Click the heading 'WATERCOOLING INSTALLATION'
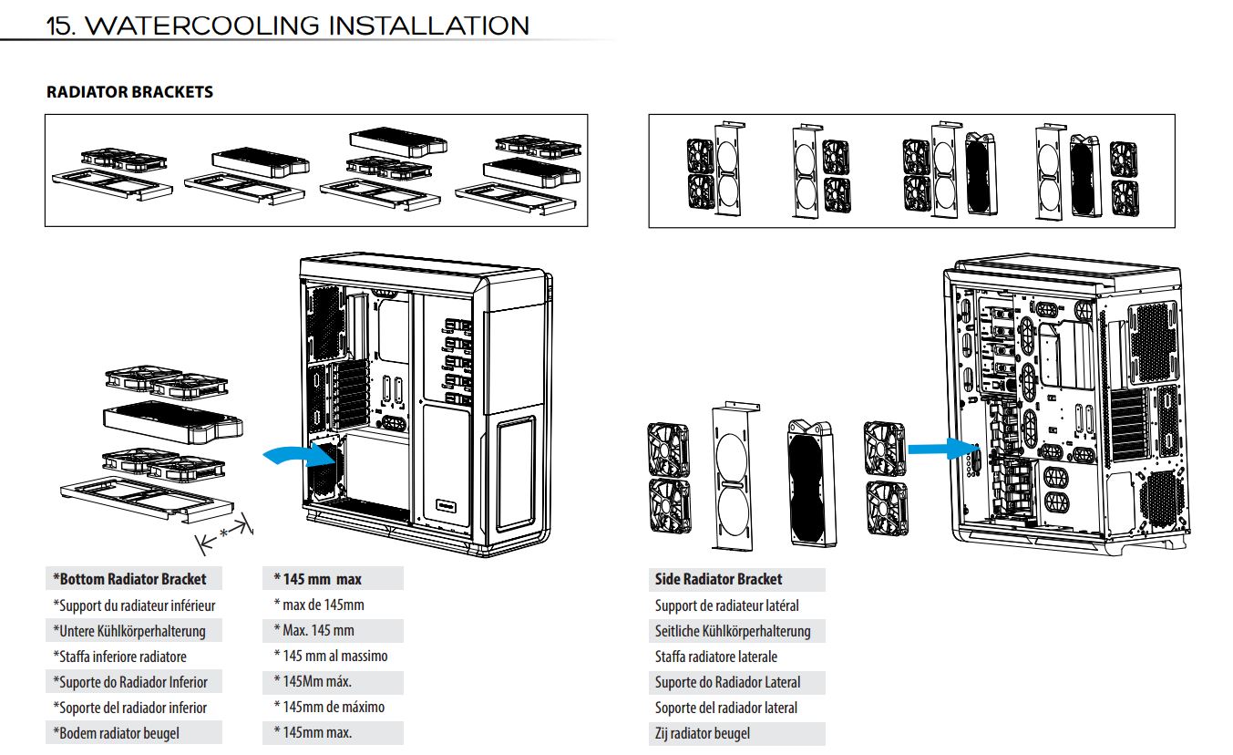[x=309, y=25]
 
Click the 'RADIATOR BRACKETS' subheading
[x=129, y=92]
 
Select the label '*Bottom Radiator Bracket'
[x=129, y=579]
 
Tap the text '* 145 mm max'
[x=317, y=579]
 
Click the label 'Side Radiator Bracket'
[x=718, y=579]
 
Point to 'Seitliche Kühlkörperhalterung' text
[x=732, y=631]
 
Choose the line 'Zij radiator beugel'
[x=702, y=733]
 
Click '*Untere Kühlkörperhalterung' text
[x=129, y=631]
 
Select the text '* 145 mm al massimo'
[x=330, y=656]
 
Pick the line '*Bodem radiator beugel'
[x=116, y=733]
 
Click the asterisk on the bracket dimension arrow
[x=224, y=533]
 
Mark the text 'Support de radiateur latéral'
[x=726, y=605]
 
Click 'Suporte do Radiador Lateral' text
[x=727, y=682]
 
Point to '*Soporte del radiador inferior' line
[x=129, y=708]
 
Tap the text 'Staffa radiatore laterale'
[x=715, y=657]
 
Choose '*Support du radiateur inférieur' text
[x=134, y=605]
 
